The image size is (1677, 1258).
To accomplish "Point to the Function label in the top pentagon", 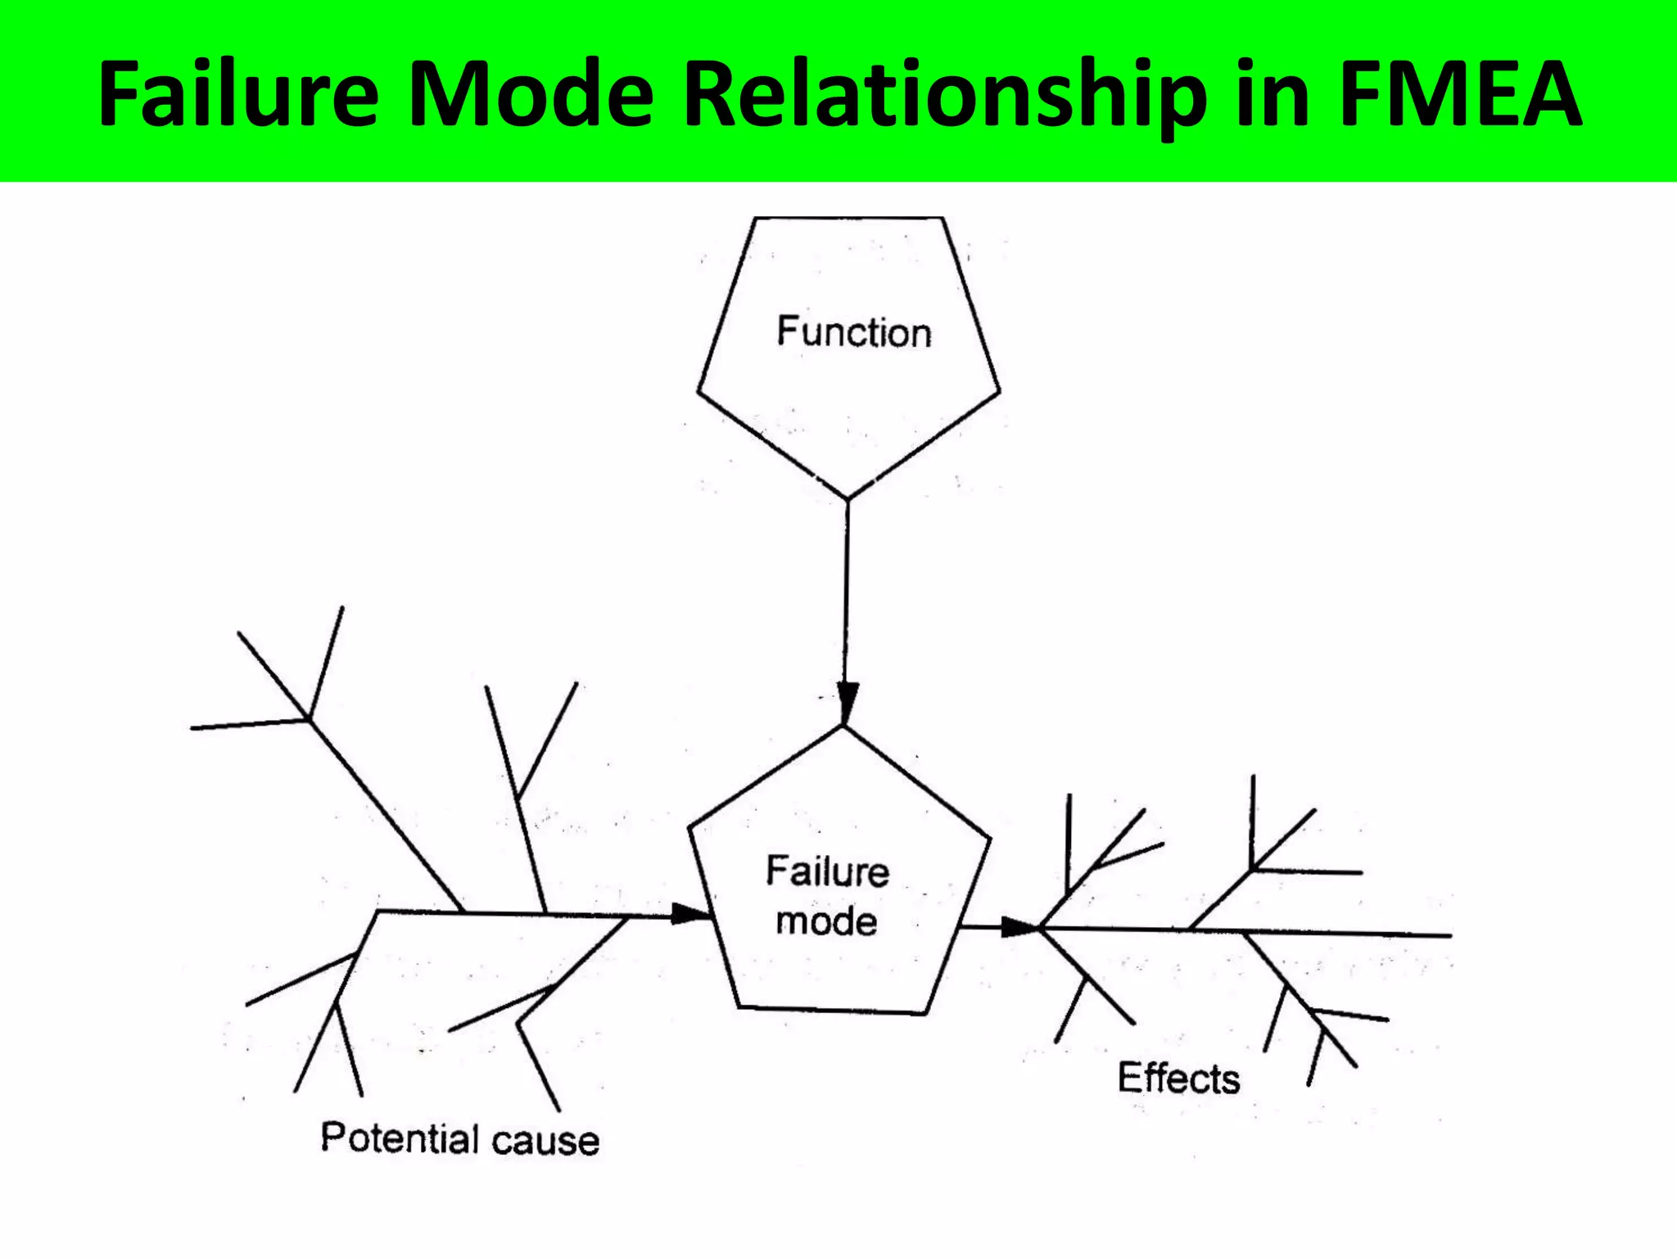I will coord(854,333).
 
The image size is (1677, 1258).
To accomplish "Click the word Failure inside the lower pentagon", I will coord(827,871).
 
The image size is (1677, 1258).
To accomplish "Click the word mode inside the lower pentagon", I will coord(826,922).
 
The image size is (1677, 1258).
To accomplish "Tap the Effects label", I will coord(1178,1078).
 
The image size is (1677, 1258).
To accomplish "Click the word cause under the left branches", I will coord(546,1141).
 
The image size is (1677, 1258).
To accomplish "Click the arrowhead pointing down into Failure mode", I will coord(848,703).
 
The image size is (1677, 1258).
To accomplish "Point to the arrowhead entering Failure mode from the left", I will coord(690,914).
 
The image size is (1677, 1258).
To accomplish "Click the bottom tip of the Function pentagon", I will coord(848,497).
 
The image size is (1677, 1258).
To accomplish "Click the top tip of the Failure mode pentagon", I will coord(843,727).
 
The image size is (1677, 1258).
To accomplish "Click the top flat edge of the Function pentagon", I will coord(848,218).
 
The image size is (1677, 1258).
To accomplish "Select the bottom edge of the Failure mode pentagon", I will coord(832,1011).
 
